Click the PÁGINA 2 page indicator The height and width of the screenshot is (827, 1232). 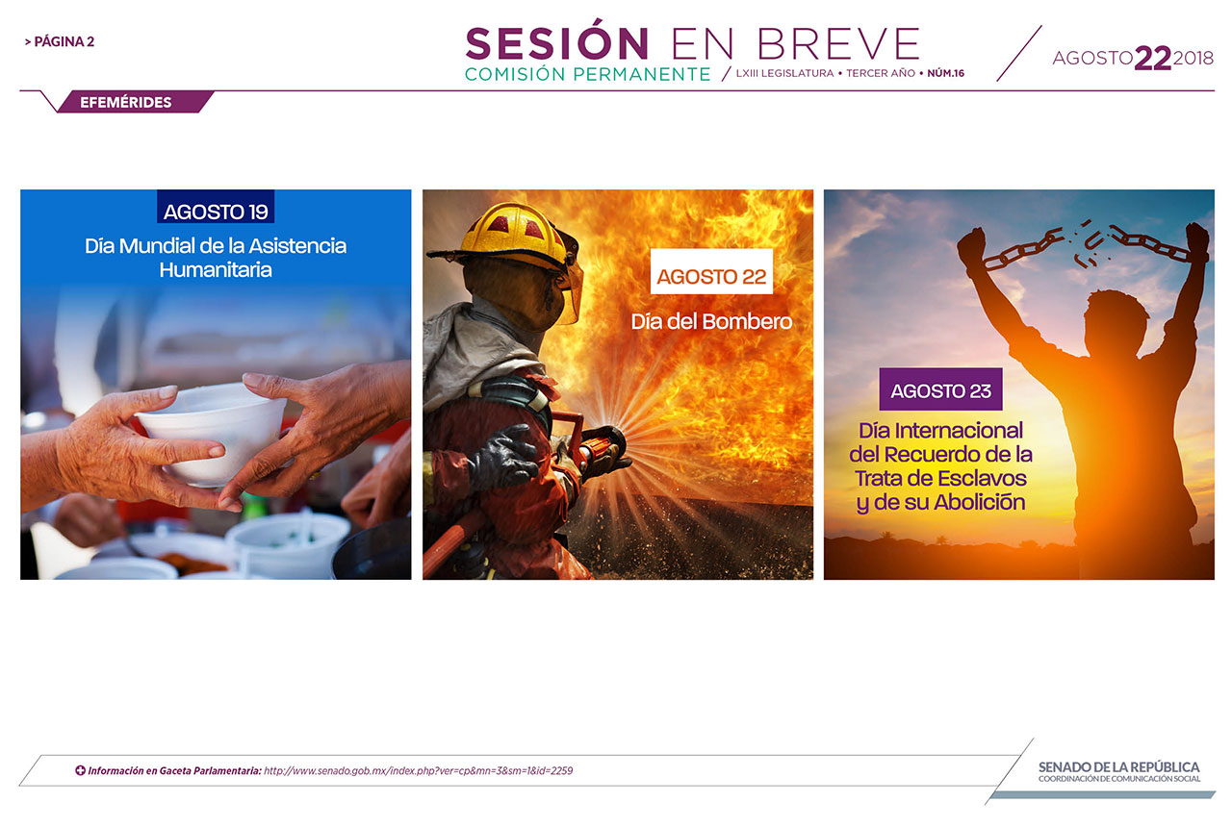(x=60, y=41)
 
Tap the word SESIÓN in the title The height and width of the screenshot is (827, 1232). (x=557, y=43)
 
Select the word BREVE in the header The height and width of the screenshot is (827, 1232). (x=838, y=44)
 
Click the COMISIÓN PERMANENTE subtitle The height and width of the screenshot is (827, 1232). (x=587, y=74)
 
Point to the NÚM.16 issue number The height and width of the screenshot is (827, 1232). (x=945, y=73)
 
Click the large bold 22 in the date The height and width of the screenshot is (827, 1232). (x=1153, y=59)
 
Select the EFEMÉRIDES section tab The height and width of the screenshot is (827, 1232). (x=126, y=102)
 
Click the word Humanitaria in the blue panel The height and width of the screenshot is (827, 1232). (x=216, y=270)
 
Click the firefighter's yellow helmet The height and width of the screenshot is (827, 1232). (x=511, y=237)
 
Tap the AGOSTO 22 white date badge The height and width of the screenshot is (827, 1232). (x=711, y=271)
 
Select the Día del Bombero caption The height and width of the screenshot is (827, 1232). (x=711, y=321)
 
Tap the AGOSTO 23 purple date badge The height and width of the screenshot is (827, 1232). (x=940, y=389)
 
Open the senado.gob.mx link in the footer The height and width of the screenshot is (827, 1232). (x=418, y=770)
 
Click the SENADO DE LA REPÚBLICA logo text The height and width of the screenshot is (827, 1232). (x=1118, y=767)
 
